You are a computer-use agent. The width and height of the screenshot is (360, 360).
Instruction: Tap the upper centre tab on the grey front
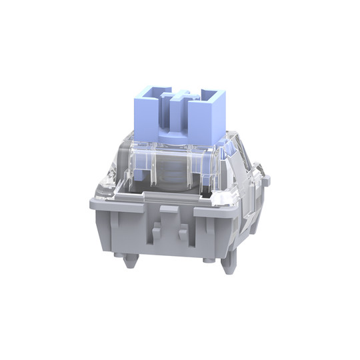point(169,213)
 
